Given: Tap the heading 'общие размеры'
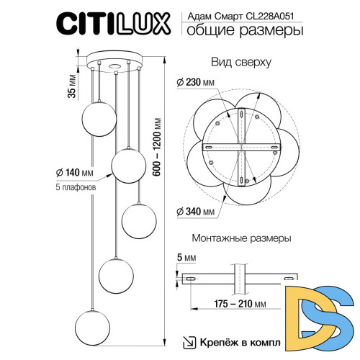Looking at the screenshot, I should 245,30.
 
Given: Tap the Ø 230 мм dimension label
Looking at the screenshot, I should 197,84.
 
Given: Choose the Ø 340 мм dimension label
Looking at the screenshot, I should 197,211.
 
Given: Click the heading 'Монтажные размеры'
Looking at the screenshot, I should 241,238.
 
